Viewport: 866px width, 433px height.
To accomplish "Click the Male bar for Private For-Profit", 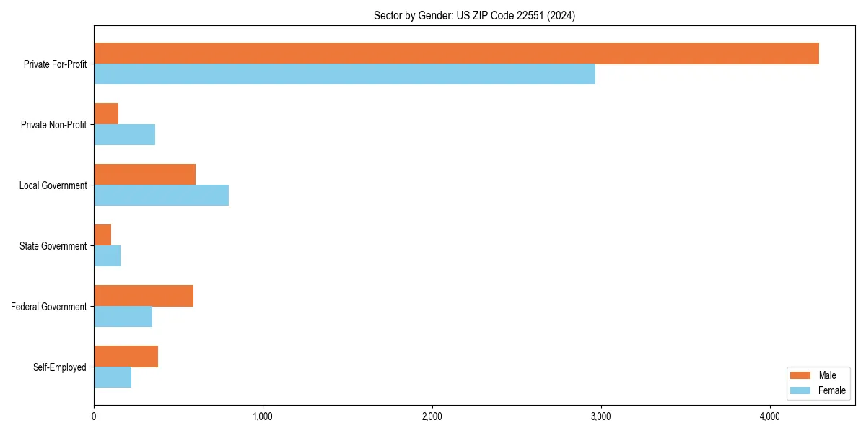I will point(456,53).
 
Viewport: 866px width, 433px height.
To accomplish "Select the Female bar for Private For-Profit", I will point(344,74).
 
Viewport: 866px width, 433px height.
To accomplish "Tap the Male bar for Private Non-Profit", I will point(106,114).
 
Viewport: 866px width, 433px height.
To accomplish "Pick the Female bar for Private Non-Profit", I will point(124,135).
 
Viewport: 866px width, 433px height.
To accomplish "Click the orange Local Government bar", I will point(144,175).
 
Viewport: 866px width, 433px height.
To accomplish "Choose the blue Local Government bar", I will point(161,196).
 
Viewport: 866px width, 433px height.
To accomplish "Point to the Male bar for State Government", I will point(102,235).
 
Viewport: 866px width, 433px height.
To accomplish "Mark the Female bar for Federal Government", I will point(123,317).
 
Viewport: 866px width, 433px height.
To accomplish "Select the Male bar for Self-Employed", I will point(126,357).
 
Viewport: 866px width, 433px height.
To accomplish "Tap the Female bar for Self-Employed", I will point(113,377).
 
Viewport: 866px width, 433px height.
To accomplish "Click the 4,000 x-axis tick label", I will point(769,416).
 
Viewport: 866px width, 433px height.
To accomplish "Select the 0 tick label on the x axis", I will point(94,416).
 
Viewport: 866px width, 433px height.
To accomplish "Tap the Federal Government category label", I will point(49,307).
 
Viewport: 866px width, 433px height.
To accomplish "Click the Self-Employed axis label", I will point(60,367).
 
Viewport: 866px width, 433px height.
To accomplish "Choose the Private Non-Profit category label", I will point(53,125).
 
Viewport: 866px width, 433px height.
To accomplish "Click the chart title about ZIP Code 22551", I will point(474,15).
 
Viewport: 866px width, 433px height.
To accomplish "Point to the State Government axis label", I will point(53,246).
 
